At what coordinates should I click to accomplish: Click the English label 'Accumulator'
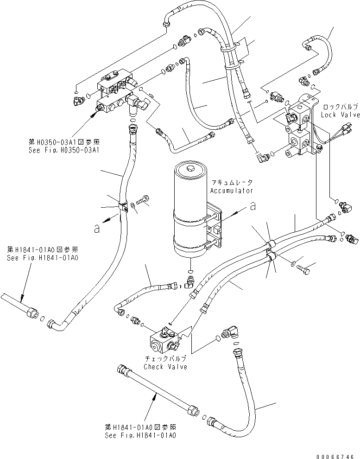pyautogui.click(x=232, y=191)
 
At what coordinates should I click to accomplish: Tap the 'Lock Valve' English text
pyautogui.click(x=337, y=114)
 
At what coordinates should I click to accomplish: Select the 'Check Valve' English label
pyautogui.click(x=165, y=367)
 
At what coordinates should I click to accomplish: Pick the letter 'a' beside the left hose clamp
pyautogui.click(x=96, y=229)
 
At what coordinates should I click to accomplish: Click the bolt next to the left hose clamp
pyautogui.click(x=144, y=200)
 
